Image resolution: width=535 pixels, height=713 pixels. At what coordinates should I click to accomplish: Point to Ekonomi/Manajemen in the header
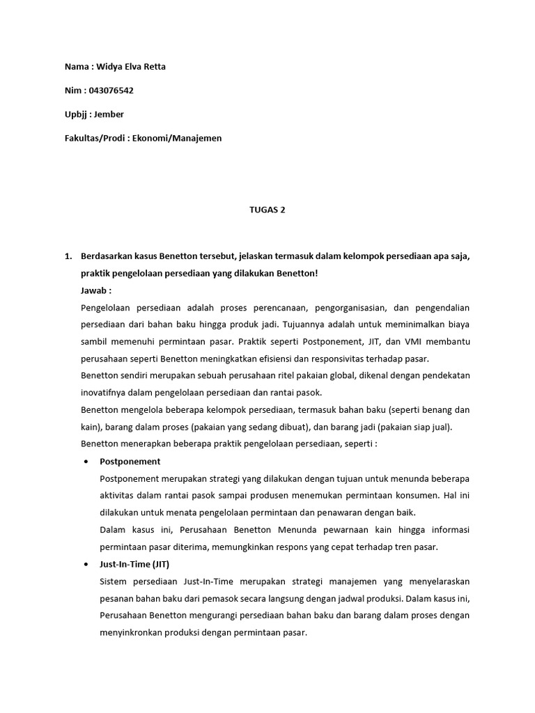(x=187, y=138)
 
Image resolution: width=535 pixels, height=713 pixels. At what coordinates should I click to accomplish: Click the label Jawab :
(x=96, y=290)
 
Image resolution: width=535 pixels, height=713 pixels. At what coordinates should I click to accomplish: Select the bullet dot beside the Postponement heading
(x=86, y=461)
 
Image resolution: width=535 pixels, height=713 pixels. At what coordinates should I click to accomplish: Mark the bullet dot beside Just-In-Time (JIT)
(x=86, y=563)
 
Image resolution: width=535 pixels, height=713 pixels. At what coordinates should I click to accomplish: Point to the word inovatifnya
(x=104, y=393)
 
